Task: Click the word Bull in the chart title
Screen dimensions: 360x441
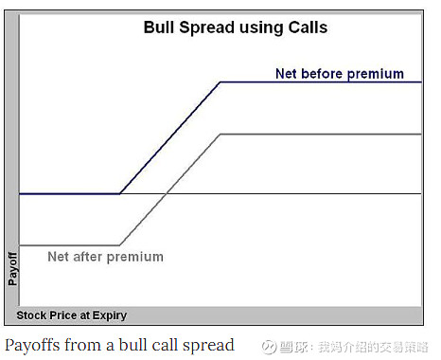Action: [x=160, y=27]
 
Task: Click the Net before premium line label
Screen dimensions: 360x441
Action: [x=339, y=73]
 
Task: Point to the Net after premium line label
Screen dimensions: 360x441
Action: [x=105, y=257]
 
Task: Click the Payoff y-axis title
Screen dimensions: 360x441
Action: [x=12, y=268]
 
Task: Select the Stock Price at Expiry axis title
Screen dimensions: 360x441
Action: [x=72, y=315]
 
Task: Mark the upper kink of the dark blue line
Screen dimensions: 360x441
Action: [x=220, y=82]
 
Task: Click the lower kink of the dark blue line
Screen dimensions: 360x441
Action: [x=120, y=193]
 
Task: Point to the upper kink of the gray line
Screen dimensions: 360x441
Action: [x=220, y=135]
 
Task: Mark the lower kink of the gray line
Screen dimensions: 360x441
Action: [x=120, y=245]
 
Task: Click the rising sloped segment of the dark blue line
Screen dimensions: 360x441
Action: [x=170, y=138]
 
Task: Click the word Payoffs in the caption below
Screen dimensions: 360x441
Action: [x=33, y=345]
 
